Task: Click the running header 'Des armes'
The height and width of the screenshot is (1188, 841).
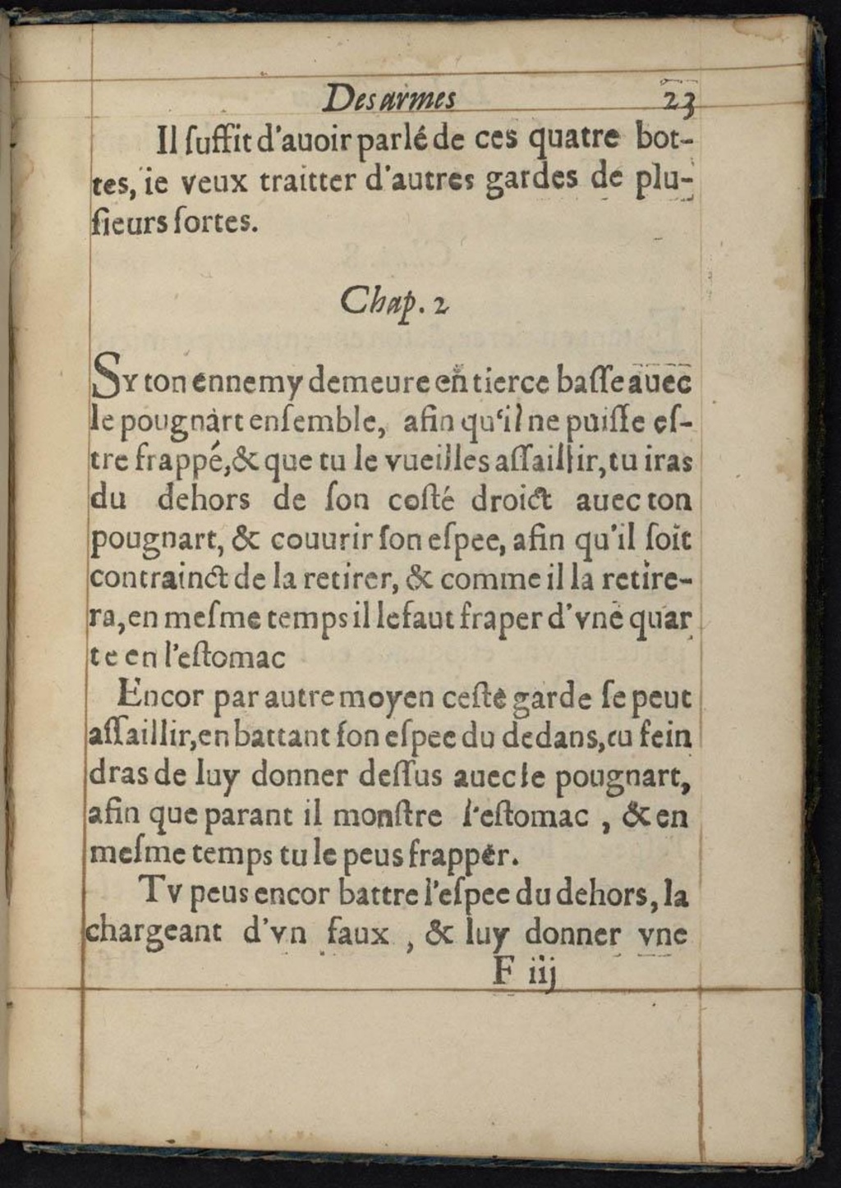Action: tap(389, 99)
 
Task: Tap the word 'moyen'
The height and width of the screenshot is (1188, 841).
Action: tap(387, 697)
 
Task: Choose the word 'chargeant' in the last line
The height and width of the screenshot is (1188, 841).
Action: tap(154, 934)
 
